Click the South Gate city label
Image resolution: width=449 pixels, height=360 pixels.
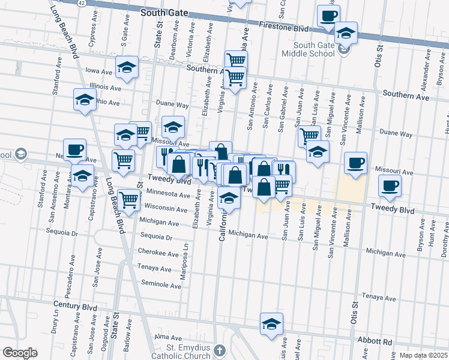point(164,12)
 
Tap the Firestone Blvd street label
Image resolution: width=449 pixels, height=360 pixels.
point(283,28)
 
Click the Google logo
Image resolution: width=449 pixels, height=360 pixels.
point(20,353)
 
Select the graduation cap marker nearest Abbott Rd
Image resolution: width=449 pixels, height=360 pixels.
point(271,324)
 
